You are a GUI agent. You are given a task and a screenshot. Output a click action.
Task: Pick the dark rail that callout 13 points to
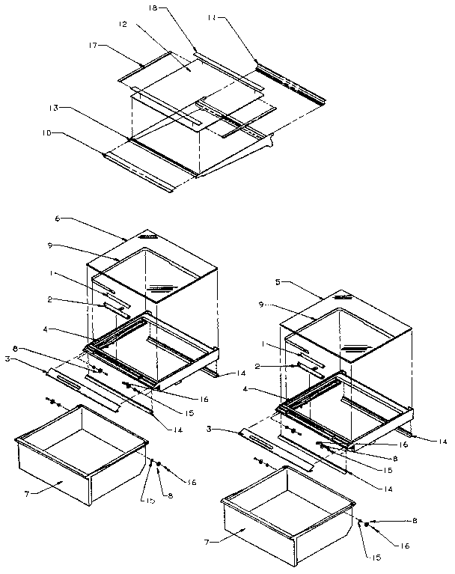pos(165,156)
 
